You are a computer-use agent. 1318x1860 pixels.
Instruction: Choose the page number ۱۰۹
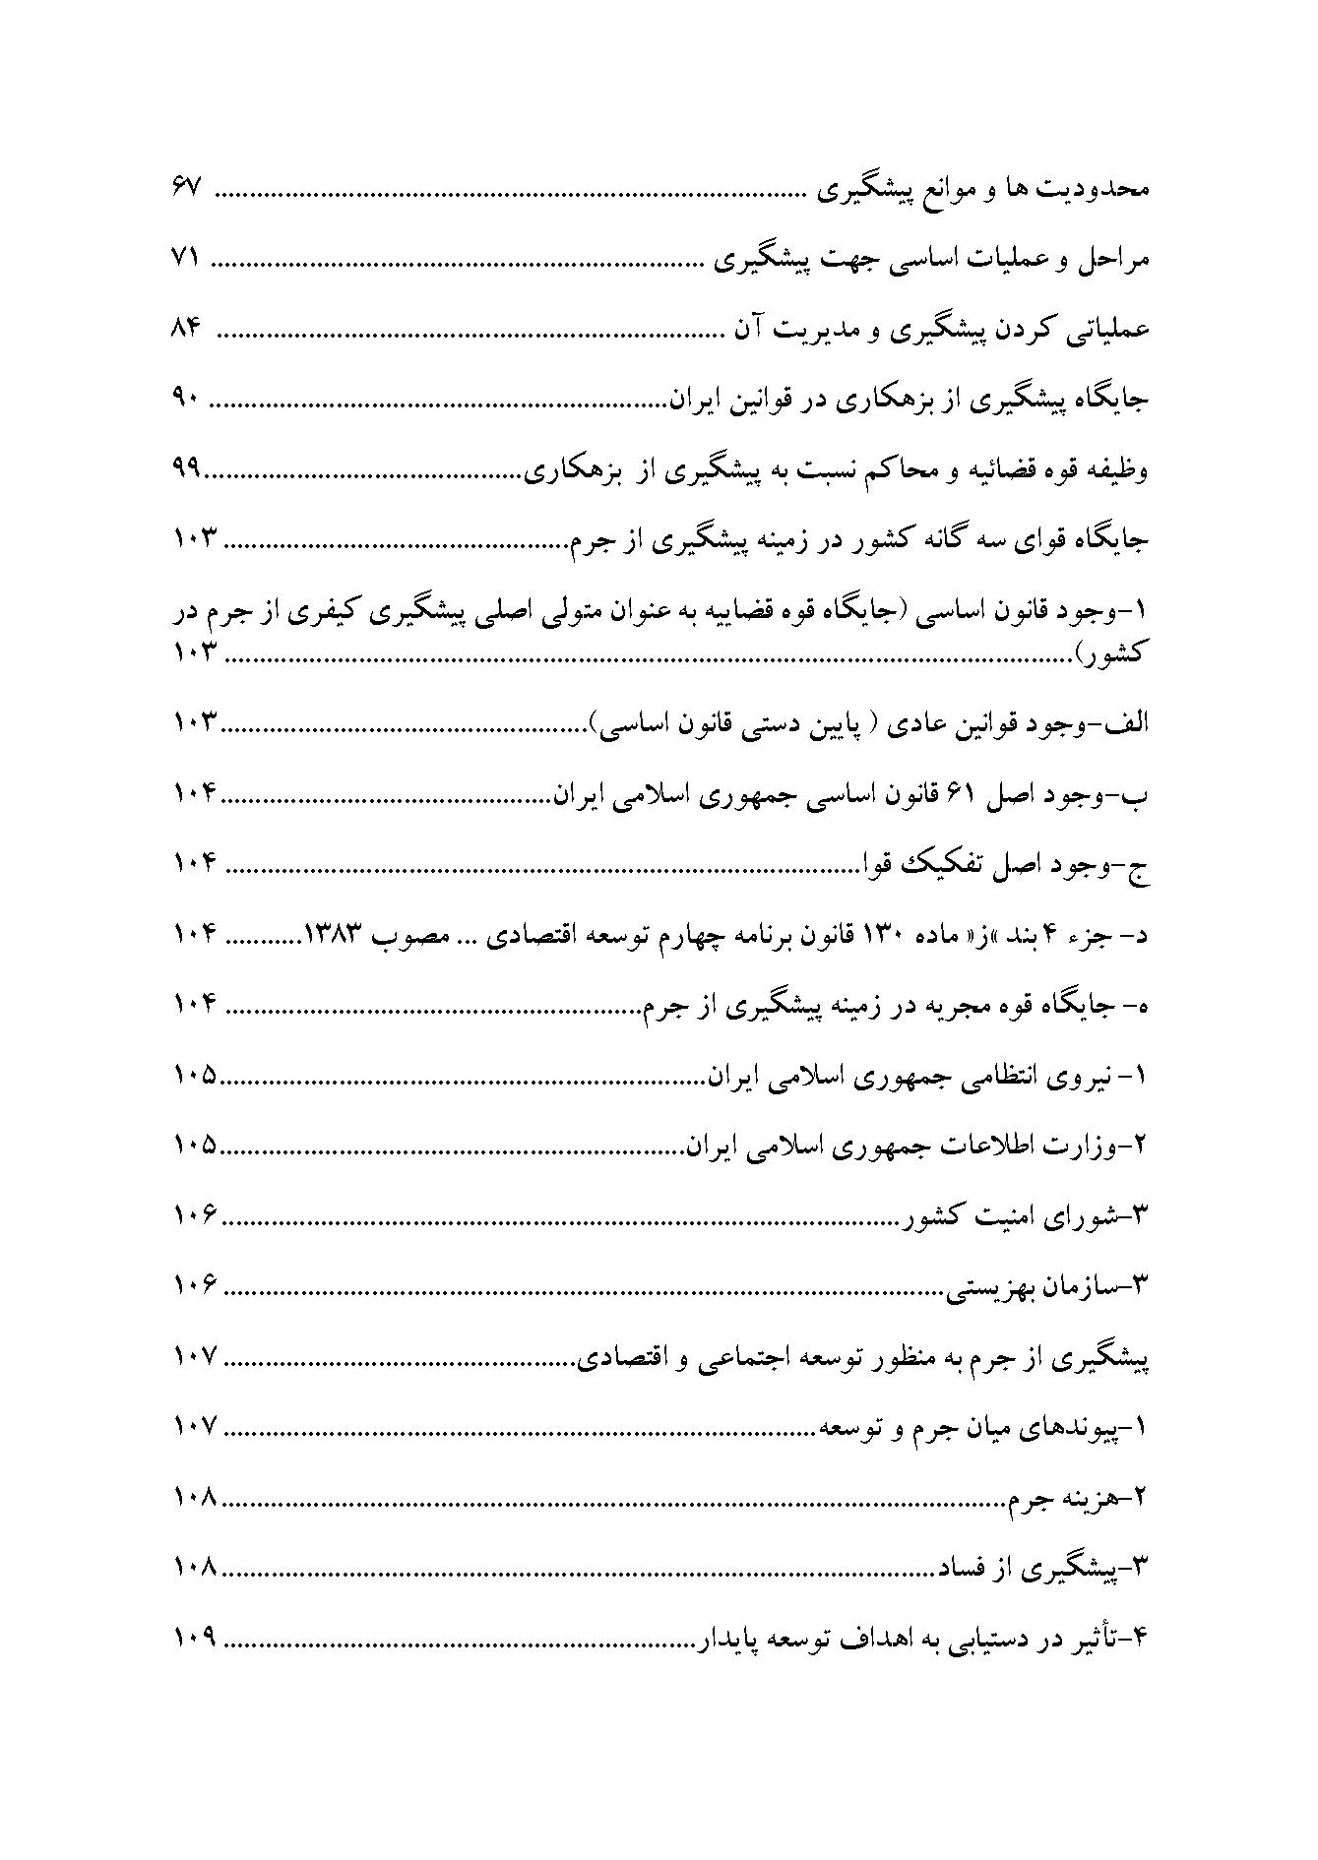click(x=194, y=1640)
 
